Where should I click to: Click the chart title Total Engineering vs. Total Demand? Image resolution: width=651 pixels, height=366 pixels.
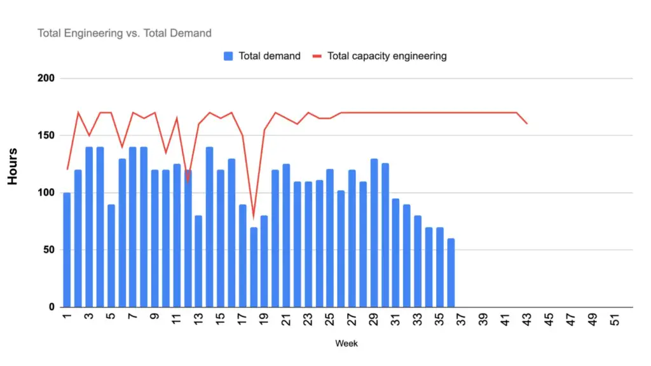(124, 33)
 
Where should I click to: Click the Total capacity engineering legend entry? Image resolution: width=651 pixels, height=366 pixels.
(380, 56)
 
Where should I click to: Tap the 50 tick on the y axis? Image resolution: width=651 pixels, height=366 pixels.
(50, 250)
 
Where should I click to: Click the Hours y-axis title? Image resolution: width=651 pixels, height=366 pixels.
(13, 166)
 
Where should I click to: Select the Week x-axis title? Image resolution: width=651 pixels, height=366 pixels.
(346, 344)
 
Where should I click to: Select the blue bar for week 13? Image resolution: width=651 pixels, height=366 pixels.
(198, 261)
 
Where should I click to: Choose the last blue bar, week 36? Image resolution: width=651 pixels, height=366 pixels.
(451, 273)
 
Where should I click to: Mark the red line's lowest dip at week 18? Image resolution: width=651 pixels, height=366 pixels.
(254, 217)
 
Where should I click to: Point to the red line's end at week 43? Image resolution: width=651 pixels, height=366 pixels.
(527, 123)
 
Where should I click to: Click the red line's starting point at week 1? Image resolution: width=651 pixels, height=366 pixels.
(67, 169)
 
